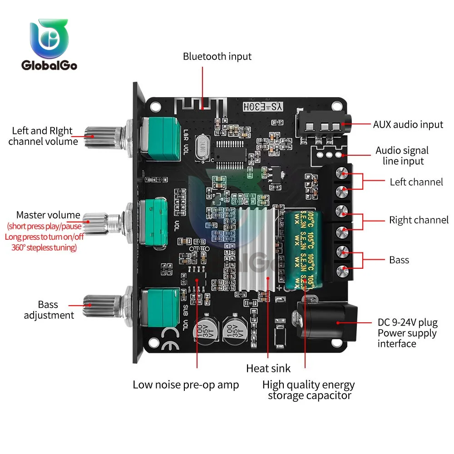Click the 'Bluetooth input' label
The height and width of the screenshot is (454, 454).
point(217,57)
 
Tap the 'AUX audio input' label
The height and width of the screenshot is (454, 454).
point(408,124)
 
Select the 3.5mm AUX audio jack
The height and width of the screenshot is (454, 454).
point(321,126)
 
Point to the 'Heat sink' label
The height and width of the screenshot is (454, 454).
point(268,368)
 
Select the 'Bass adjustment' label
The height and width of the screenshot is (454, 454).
point(49,309)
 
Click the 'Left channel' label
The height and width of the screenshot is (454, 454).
point(416,182)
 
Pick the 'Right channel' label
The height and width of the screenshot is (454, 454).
point(419,220)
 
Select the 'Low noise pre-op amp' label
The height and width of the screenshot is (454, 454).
point(186,385)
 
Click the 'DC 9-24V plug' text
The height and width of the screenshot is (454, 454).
point(407,322)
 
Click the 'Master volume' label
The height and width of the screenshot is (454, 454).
point(48,215)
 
